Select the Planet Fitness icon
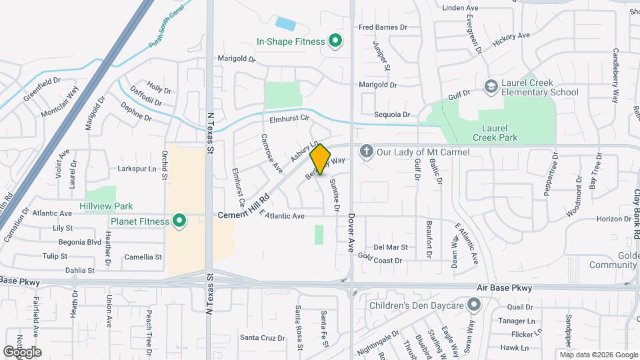[179, 221]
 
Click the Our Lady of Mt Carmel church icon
[366, 152]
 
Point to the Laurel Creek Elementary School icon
[491, 87]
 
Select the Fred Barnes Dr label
[383, 27]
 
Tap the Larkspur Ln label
[141, 169]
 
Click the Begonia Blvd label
[80, 242]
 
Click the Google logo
[22, 351]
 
